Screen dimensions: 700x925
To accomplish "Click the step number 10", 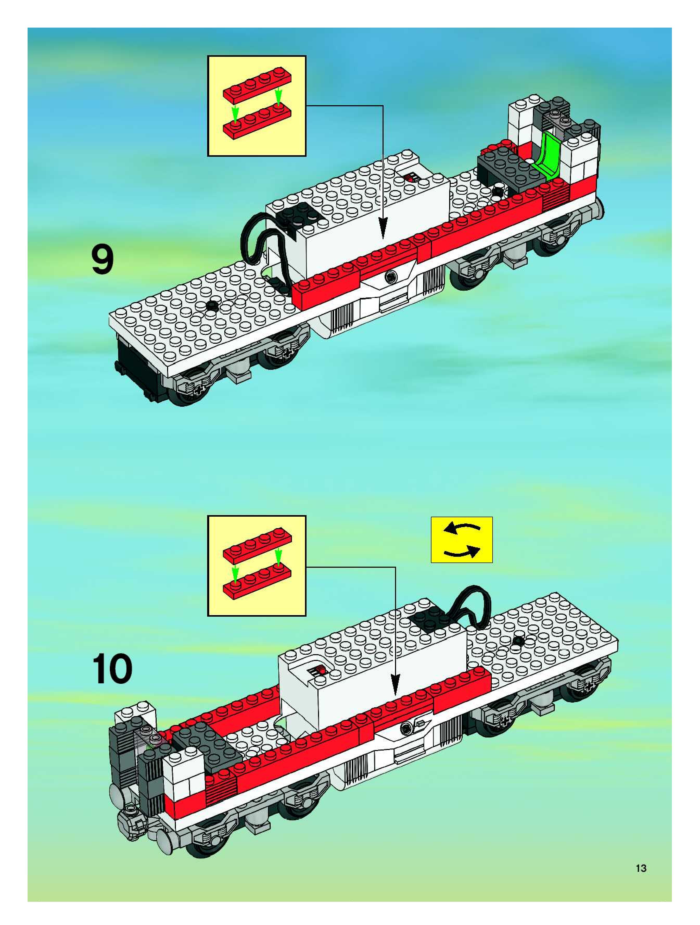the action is tap(112, 670).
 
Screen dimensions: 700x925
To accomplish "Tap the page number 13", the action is tap(641, 868).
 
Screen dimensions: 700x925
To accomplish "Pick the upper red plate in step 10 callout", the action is tap(257, 547).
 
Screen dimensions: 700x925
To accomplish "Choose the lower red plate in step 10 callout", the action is tap(257, 581).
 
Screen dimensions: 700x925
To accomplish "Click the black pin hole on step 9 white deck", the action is tap(213, 305).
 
